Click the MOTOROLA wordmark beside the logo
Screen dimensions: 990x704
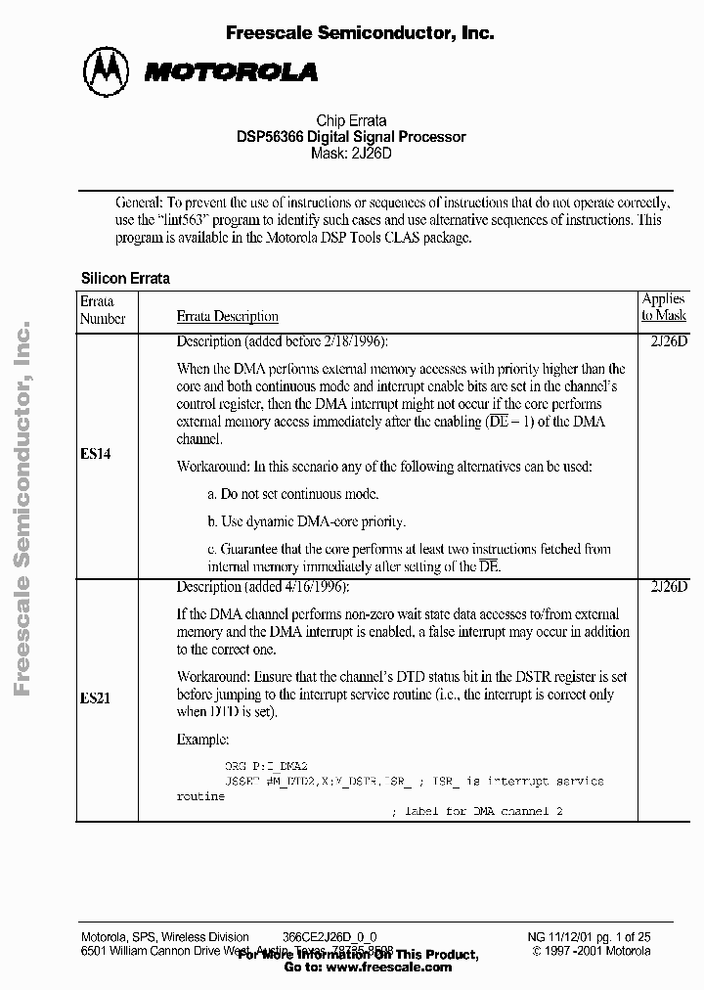point(231,71)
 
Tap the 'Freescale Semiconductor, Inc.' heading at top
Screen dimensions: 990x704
point(359,32)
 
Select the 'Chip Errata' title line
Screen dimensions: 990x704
point(351,121)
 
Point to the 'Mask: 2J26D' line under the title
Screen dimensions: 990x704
point(351,154)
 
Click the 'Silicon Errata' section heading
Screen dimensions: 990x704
point(125,278)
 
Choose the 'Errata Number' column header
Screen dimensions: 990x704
point(103,309)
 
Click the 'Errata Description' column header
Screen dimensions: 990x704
point(227,317)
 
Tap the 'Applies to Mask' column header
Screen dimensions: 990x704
point(664,307)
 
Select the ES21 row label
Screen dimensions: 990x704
point(95,700)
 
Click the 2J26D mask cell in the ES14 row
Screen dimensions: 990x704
point(669,341)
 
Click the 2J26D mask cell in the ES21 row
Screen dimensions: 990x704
point(669,587)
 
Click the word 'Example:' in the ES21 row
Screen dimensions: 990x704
point(202,740)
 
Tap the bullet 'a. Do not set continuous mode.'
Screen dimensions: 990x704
point(293,494)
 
